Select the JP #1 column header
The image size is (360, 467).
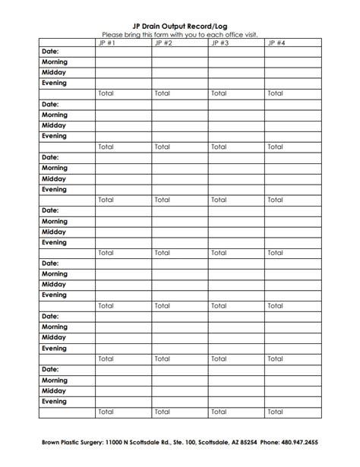click(106, 43)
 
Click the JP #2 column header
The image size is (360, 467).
click(163, 43)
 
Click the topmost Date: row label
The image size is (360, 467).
click(49, 51)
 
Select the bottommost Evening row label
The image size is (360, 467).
click(54, 402)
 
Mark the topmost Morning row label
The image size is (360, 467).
click(54, 62)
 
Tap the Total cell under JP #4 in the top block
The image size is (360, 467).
click(275, 93)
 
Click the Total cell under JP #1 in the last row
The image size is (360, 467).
click(106, 412)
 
